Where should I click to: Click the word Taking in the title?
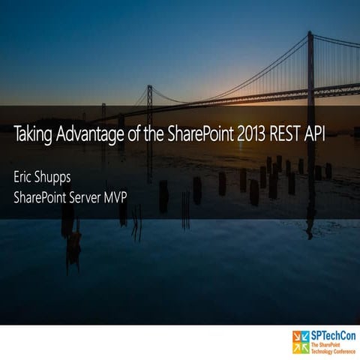31,136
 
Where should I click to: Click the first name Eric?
24,179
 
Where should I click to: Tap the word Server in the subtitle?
94,198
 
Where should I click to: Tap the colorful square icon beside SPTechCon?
301,342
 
